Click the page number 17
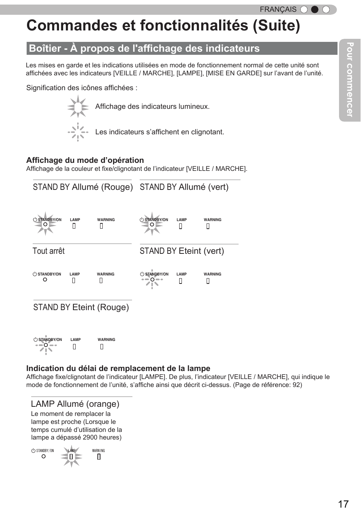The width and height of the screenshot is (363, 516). (343, 504)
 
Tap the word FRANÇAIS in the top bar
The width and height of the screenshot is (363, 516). (278, 10)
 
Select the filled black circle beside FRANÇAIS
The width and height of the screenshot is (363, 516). (315, 10)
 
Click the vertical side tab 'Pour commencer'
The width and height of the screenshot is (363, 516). (350, 80)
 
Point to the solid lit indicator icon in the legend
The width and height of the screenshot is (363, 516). (78, 107)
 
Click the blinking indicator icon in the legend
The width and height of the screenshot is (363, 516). (78, 132)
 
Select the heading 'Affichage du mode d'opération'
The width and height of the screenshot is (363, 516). (85, 160)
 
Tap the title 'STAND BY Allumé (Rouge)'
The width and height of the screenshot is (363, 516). (83, 187)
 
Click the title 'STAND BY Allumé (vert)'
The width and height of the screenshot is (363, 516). (184, 187)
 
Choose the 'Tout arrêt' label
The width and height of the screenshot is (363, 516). (49, 251)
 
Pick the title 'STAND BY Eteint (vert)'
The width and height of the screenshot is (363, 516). (181, 251)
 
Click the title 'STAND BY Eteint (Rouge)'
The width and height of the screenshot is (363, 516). (81, 307)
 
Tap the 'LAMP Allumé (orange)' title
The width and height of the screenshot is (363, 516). (75, 404)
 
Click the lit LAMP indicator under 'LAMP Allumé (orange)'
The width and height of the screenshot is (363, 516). (71, 457)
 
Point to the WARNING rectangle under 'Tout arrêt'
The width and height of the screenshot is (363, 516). (101, 280)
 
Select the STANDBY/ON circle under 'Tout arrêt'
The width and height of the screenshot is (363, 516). (45, 280)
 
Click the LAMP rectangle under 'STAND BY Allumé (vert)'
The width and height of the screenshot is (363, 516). (180, 226)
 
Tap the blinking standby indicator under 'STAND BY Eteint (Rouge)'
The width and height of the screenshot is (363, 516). (46, 345)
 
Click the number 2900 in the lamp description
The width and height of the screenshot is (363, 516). (90, 438)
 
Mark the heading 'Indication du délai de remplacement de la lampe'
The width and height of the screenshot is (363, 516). (118, 368)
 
